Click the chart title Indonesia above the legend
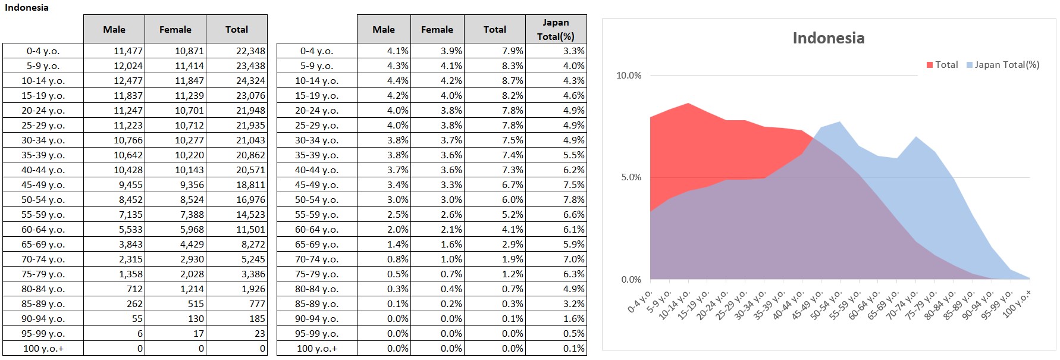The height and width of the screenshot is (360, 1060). click(828, 38)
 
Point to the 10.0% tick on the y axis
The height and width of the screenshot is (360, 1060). click(629, 76)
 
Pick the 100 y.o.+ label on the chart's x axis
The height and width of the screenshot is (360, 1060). click(1018, 304)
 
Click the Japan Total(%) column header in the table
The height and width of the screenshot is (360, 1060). click(556, 29)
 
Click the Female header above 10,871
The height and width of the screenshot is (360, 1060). click(175, 29)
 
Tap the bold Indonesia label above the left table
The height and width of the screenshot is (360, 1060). click(27, 8)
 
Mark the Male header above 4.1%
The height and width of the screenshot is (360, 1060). click(383, 29)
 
